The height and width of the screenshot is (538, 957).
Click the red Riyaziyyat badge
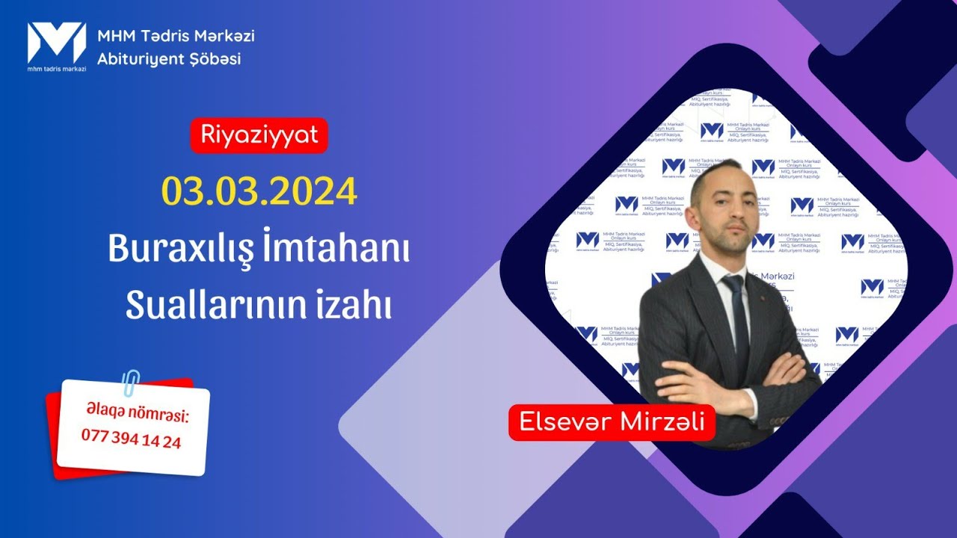point(259,135)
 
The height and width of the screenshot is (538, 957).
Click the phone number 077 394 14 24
point(131,441)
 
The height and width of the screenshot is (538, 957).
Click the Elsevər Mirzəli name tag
point(612,422)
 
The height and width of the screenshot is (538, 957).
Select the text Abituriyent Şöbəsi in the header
point(169,59)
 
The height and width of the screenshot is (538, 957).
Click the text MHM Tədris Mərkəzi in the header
point(176,35)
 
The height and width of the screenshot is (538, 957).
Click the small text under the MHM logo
point(57,69)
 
